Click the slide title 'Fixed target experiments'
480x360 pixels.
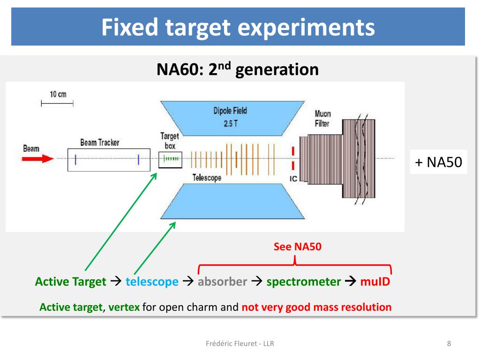tap(238, 27)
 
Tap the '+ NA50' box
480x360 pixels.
tap(438, 162)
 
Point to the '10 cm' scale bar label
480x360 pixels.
tap(58, 94)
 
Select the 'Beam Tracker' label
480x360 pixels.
tap(99, 142)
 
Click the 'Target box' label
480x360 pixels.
tap(170, 141)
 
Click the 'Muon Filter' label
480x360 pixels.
tap(322, 119)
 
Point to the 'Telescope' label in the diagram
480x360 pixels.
tap(207, 178)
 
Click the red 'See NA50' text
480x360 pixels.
tap(298, 247)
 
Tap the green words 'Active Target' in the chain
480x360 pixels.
tap(71, 282)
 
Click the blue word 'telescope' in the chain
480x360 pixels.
tap(152, 282)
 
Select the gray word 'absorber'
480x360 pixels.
tap(222, 282)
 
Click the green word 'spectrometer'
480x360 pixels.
tap(304, 282)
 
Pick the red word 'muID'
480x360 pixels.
tap(375, 282)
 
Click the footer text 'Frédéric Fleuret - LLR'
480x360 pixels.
tap(240, 344)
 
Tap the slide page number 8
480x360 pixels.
tap(449, 344)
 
